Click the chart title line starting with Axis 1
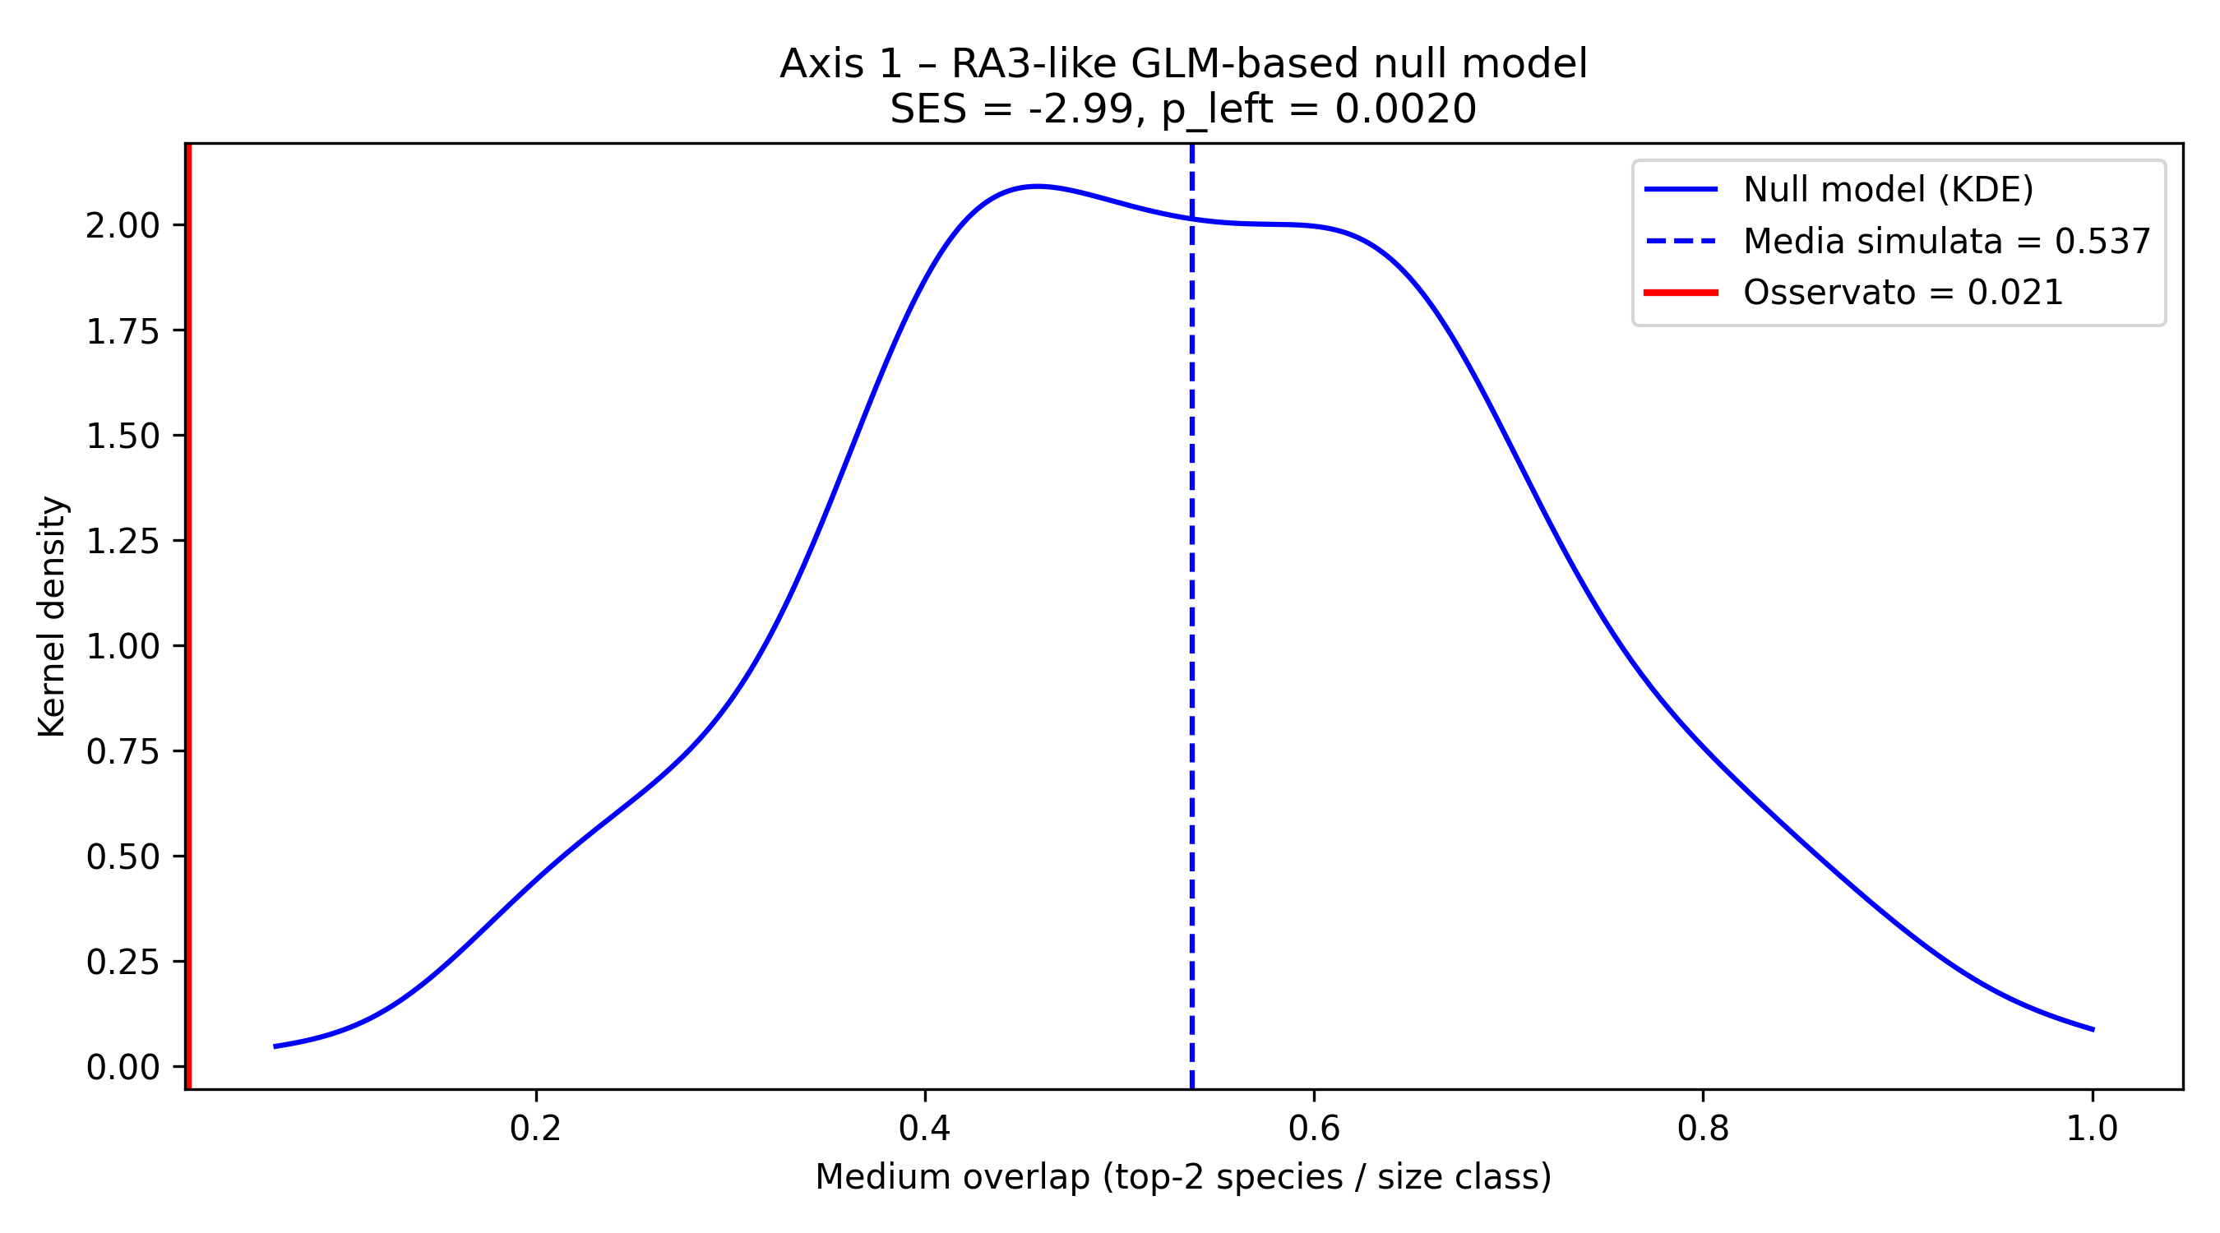[1183, 65]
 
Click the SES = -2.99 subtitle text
[1183, 109]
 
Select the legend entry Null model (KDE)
[1887, 190]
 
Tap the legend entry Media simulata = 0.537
[1947, 242]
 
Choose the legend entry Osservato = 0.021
[1903, 293]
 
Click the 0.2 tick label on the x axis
[536, 1128]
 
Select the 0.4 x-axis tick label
[925, 1128]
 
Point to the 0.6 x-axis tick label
[1314, 1128]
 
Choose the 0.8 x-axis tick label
[1703, 1128]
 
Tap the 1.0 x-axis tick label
[2093, 1128]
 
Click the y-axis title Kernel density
[53, 616]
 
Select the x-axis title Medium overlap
[1183, 1177]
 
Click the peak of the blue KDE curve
[1038, 186]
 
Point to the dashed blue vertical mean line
[1192, 646]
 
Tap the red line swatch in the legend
[1681, 293]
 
